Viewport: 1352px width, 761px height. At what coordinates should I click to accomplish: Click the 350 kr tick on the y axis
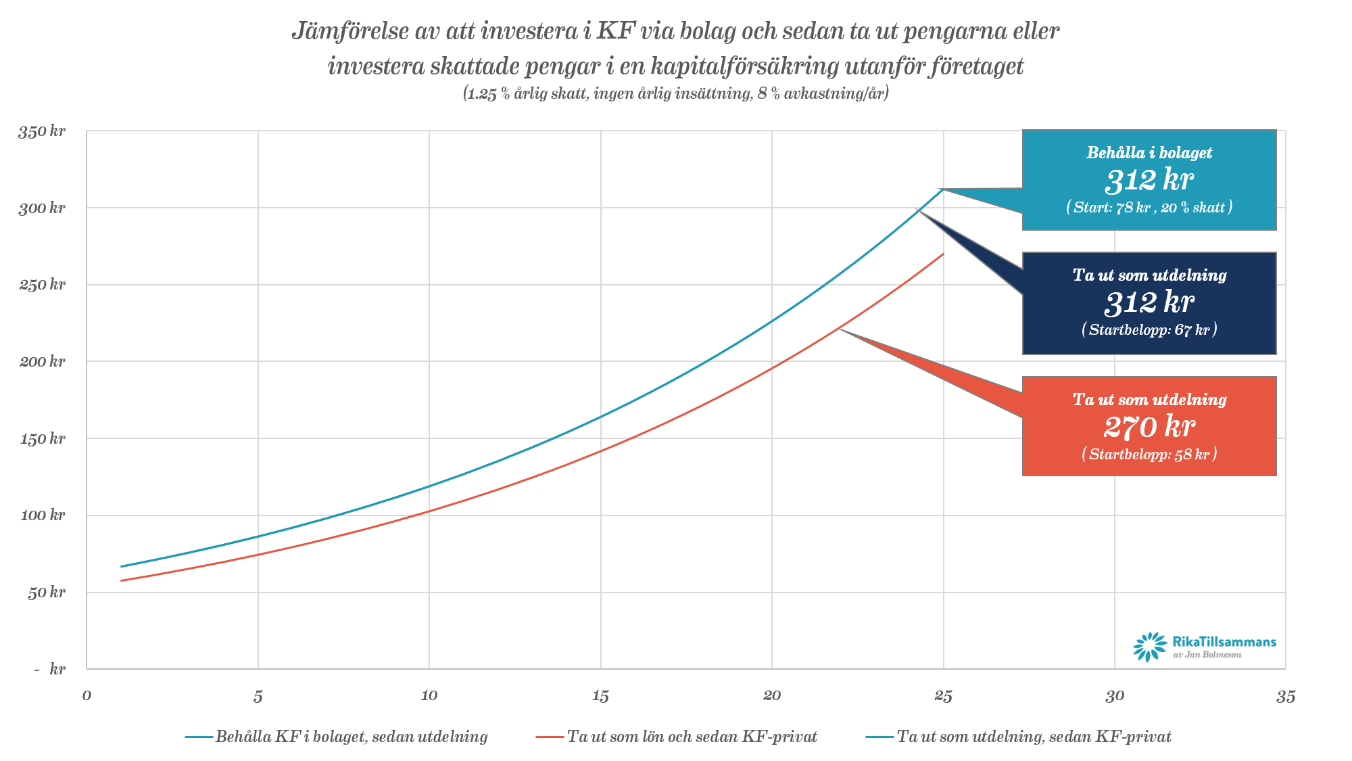[42, 131]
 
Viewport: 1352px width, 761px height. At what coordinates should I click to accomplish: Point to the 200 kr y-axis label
[42, 361]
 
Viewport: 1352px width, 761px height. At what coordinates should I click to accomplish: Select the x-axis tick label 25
[943, 696]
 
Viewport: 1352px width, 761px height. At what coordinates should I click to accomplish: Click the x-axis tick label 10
[429, 696]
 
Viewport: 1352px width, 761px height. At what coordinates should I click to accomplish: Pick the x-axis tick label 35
[1285, 696]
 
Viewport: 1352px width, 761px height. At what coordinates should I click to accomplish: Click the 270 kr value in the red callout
[1149, 427]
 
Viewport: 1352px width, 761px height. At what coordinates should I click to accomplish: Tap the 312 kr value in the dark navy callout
[1149, 302]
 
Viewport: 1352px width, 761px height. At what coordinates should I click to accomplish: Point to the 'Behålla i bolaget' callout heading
[1149, 153]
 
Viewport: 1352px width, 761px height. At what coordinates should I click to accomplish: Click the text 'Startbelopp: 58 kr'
[1149, 454]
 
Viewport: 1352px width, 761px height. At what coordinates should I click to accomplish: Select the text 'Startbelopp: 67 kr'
[1149, 330]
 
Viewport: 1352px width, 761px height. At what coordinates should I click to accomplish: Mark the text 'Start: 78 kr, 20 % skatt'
[1149, 207]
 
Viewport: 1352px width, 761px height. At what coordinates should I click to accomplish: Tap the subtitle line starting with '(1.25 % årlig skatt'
[676, 93]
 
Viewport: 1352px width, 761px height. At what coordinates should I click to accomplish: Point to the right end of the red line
[943, 254]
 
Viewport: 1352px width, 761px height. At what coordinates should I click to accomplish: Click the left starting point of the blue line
[122, 566]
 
